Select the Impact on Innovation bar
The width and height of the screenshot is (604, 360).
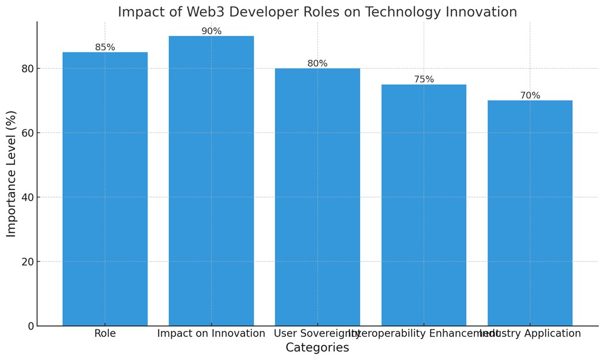(x=211, y=181)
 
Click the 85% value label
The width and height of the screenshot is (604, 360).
(x=105, y=47)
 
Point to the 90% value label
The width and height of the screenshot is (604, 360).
(x=211, y=31)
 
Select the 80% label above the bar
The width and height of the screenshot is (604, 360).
(x=317, y=63)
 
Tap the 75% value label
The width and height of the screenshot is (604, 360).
(x=424, y=79)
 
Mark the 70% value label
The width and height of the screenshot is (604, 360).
(x=530, y=96)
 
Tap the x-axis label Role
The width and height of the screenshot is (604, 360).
(x=105, y=334)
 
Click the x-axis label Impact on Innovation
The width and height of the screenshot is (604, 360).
(x=211, y=334)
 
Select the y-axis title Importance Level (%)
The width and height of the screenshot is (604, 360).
(x=12, y=173)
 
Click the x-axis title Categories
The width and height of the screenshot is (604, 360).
(x=317, y=348)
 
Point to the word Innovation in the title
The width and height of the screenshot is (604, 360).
(x=481, y=12)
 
